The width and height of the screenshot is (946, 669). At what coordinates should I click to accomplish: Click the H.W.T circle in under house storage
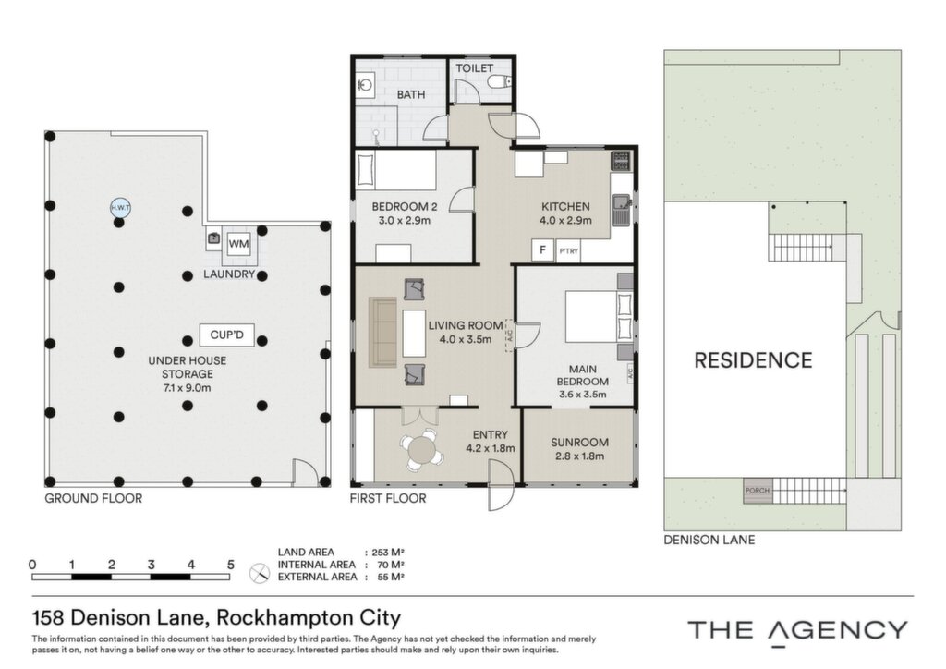coord(120,208)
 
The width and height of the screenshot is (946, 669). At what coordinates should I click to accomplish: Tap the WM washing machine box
coord(239,244)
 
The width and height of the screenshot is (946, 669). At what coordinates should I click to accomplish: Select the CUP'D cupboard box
coord(227,334)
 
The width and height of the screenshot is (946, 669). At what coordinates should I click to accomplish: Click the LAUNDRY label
coord(229,274)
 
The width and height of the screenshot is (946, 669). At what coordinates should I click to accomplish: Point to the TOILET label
coord(474,68)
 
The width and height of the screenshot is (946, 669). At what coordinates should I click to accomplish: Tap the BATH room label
coord(411,94)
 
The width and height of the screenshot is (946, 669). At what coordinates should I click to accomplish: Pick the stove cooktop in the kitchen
coord(621,161)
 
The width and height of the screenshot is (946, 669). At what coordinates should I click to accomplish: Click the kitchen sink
coord(622,210)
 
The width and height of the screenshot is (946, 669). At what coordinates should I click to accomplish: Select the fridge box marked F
coord(543,250)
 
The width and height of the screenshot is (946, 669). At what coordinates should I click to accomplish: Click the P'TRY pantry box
coord(568,251)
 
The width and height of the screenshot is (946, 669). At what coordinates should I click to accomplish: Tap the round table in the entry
coord(421,450)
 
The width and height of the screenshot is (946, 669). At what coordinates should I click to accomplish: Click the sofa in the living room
coord(382,332)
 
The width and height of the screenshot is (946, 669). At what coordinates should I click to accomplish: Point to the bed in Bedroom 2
coord(395,170)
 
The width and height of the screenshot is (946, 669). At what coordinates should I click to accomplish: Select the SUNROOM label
coord(579,443)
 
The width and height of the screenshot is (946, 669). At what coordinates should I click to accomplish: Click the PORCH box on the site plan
coord(758,491)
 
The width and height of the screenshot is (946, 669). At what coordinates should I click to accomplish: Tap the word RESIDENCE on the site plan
coord(754,360)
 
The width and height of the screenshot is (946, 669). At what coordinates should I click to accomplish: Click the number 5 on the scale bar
coord(230,566)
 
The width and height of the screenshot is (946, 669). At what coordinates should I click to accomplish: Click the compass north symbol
coord(260,573)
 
